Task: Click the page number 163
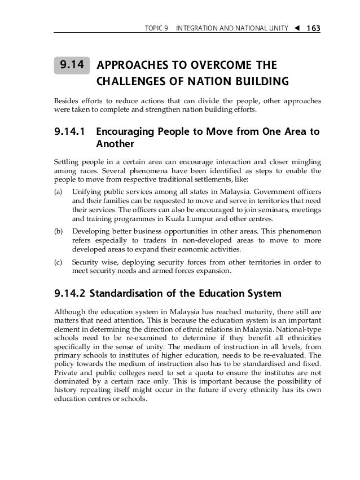click(x=311, y=28)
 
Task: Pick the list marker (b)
click(x=58, y=231)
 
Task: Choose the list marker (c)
click(x=58, y=262)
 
